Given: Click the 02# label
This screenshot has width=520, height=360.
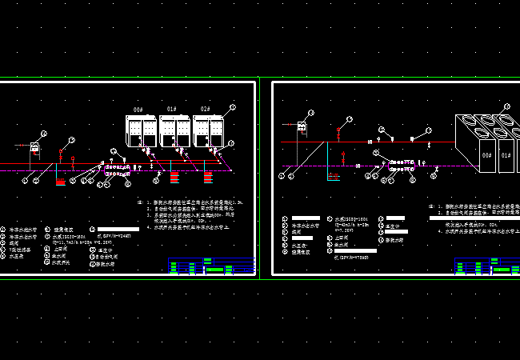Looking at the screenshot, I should [x=206, y=109].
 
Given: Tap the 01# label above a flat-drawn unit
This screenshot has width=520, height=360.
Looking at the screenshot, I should [x=171, y=109].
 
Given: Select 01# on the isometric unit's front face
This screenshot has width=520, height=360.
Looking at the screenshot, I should [x=505, y=155].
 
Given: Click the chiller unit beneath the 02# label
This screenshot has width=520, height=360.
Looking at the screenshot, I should [x=210, y=130].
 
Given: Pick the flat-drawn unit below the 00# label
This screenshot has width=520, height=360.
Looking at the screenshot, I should [x=142, y=130].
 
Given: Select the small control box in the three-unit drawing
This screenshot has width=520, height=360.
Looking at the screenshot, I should [x=35, y=146].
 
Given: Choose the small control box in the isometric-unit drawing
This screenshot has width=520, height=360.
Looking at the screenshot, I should [x=303, y=126].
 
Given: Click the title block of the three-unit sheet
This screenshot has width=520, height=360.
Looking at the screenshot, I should [x=211, y=266].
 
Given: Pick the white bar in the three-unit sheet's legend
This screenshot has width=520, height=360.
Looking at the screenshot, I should [x=118, y=230].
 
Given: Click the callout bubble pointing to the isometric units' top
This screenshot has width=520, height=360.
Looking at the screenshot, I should [x=506, y=106].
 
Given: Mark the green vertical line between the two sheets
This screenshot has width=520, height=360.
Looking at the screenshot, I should [x=264, y=176].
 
